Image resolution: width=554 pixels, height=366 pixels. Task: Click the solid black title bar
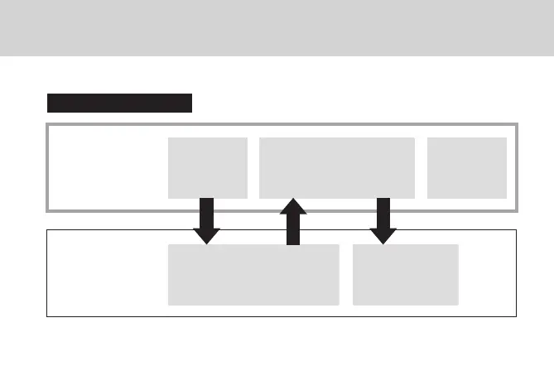point(119,103)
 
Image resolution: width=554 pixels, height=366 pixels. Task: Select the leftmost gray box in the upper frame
point(207,167)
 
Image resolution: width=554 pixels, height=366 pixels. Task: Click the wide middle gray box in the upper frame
point(336,167)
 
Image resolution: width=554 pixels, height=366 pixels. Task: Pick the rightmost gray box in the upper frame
point(466,167)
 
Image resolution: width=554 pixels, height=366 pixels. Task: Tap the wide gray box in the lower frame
point(253,274)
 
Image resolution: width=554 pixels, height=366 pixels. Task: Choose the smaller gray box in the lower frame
point(405,274)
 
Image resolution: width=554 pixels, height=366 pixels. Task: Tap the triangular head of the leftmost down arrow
point(207,234)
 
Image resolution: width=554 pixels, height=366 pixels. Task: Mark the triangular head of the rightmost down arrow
point(383,234)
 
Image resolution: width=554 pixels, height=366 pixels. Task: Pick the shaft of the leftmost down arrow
point(207,211)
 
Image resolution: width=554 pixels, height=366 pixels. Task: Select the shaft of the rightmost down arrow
point(383,211)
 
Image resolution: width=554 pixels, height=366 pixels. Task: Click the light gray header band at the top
point(277,30)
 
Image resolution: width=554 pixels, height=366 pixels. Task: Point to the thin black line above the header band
point(277,1)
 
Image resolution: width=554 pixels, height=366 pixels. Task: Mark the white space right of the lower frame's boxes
point(488,274)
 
